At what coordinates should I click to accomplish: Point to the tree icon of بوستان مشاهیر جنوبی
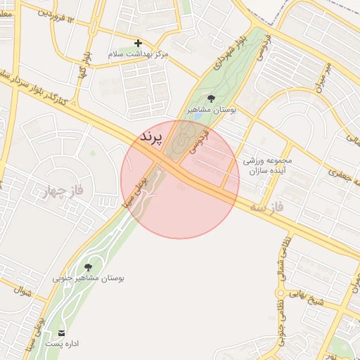(x=88, y=267)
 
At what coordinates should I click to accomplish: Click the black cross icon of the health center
(x=138, y=43)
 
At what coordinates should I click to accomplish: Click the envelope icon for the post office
(x=63, y=332)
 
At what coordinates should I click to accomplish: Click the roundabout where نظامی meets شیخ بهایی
(x=281, y=293)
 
